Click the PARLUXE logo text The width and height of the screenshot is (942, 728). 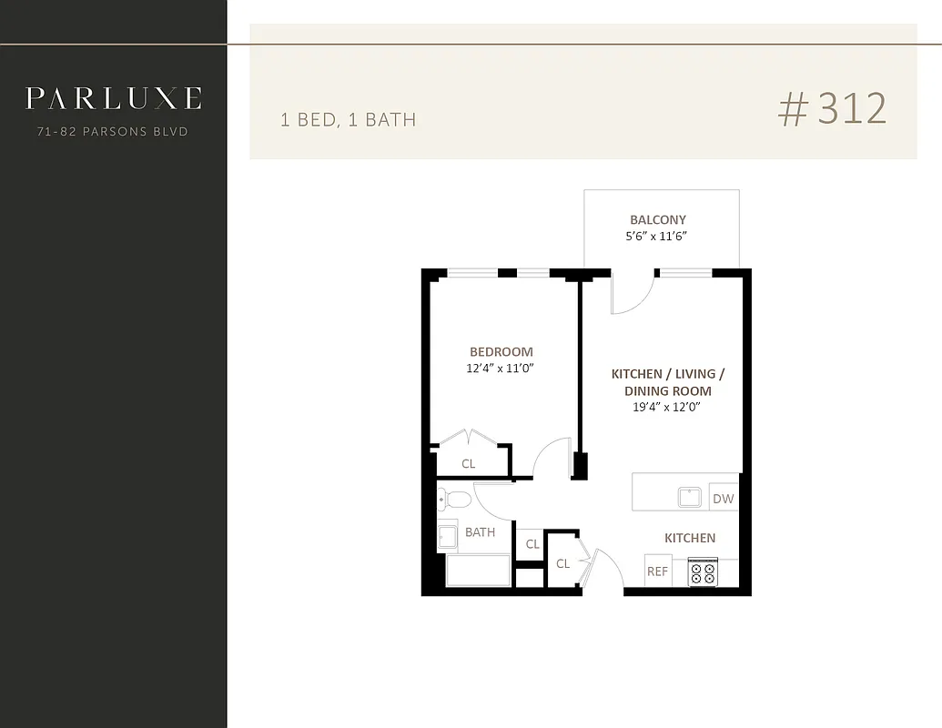(x=113, y=98)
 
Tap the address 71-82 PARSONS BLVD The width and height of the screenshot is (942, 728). (x=113, y=132)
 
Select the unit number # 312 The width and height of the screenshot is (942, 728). (x=832, y=109)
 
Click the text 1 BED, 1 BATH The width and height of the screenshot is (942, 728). (x=348, y=120)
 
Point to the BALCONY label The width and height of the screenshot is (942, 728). (x=658, y=219)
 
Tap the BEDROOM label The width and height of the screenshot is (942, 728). (x=501, y=352)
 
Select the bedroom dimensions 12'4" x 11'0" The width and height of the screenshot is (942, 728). (x=499, y=369)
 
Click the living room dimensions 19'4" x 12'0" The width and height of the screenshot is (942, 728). (x=667, y=407)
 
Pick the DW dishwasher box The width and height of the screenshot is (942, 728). (x=723, y=499)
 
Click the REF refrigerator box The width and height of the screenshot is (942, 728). (x=657, y=571)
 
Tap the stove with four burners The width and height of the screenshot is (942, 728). (x=703, y=572)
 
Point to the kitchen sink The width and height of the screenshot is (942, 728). (x=689, y=498)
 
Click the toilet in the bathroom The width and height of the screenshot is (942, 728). (x=454, y=499)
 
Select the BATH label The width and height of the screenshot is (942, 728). (x=480, y=532)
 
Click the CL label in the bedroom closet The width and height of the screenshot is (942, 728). (x=468, y=464)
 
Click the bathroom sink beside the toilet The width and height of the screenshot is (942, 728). (x=447, y=537)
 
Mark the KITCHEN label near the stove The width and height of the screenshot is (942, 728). (x=690, y=538)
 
